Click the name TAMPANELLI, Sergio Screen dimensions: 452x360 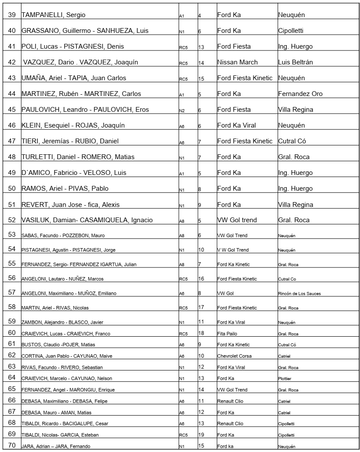(x=53, y=15)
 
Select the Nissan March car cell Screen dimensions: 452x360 (x=237, y=62)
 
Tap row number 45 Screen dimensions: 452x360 (x=12, y=110)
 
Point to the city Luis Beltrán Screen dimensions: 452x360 (x=296, y=62)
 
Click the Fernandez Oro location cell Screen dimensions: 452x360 (x=300, y=94)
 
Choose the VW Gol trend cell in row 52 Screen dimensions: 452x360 (x=237, y=220)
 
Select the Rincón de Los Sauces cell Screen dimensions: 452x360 (x=299, y=293)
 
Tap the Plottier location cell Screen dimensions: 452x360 (x=285, y=378)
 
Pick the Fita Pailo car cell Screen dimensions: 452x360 (x=227, y=334)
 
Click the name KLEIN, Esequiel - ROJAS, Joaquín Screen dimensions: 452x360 (x=73, y=125)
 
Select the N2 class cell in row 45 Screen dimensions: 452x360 (x=182, y=111)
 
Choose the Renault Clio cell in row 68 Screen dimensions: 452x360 (x=230, y=424)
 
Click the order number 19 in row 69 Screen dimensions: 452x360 (x=201, y=434)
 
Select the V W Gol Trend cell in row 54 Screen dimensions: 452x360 (x=233, y=250)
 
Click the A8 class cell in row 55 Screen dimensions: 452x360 (x=181, y=265)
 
